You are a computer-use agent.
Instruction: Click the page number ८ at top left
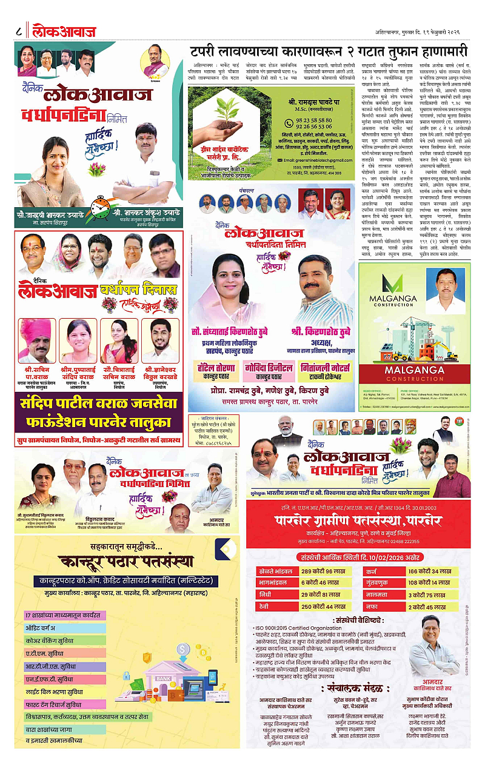point(19,30)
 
